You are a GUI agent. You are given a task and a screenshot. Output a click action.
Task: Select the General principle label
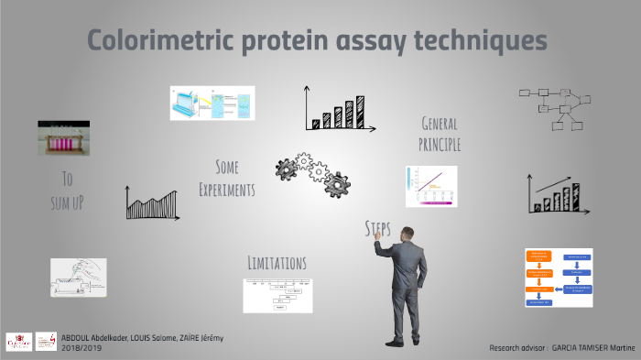[x=439, y=134]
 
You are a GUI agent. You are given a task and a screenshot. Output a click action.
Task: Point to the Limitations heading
[x=277, y=263]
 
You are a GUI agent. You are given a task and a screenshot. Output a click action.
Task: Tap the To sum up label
[x=67, y=190]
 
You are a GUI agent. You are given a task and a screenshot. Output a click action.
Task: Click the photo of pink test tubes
[x=70, y=141]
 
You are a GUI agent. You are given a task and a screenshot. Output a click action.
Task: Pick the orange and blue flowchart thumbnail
[x=559, y=277]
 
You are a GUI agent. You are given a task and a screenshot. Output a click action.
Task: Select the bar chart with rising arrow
[x=556, y=193]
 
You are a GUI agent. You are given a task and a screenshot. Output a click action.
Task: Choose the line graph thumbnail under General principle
[x=430, y=186]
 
